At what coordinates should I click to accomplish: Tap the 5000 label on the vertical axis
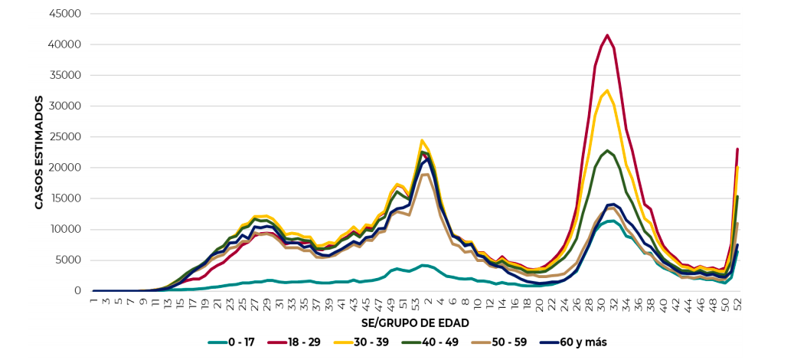pos(70,260)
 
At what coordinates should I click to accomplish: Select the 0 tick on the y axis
pos(77,291)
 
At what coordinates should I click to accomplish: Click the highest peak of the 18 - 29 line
pos(607,34)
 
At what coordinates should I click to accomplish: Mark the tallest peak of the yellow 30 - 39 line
pos(607,90)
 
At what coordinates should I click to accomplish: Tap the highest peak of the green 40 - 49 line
pos(607,150)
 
